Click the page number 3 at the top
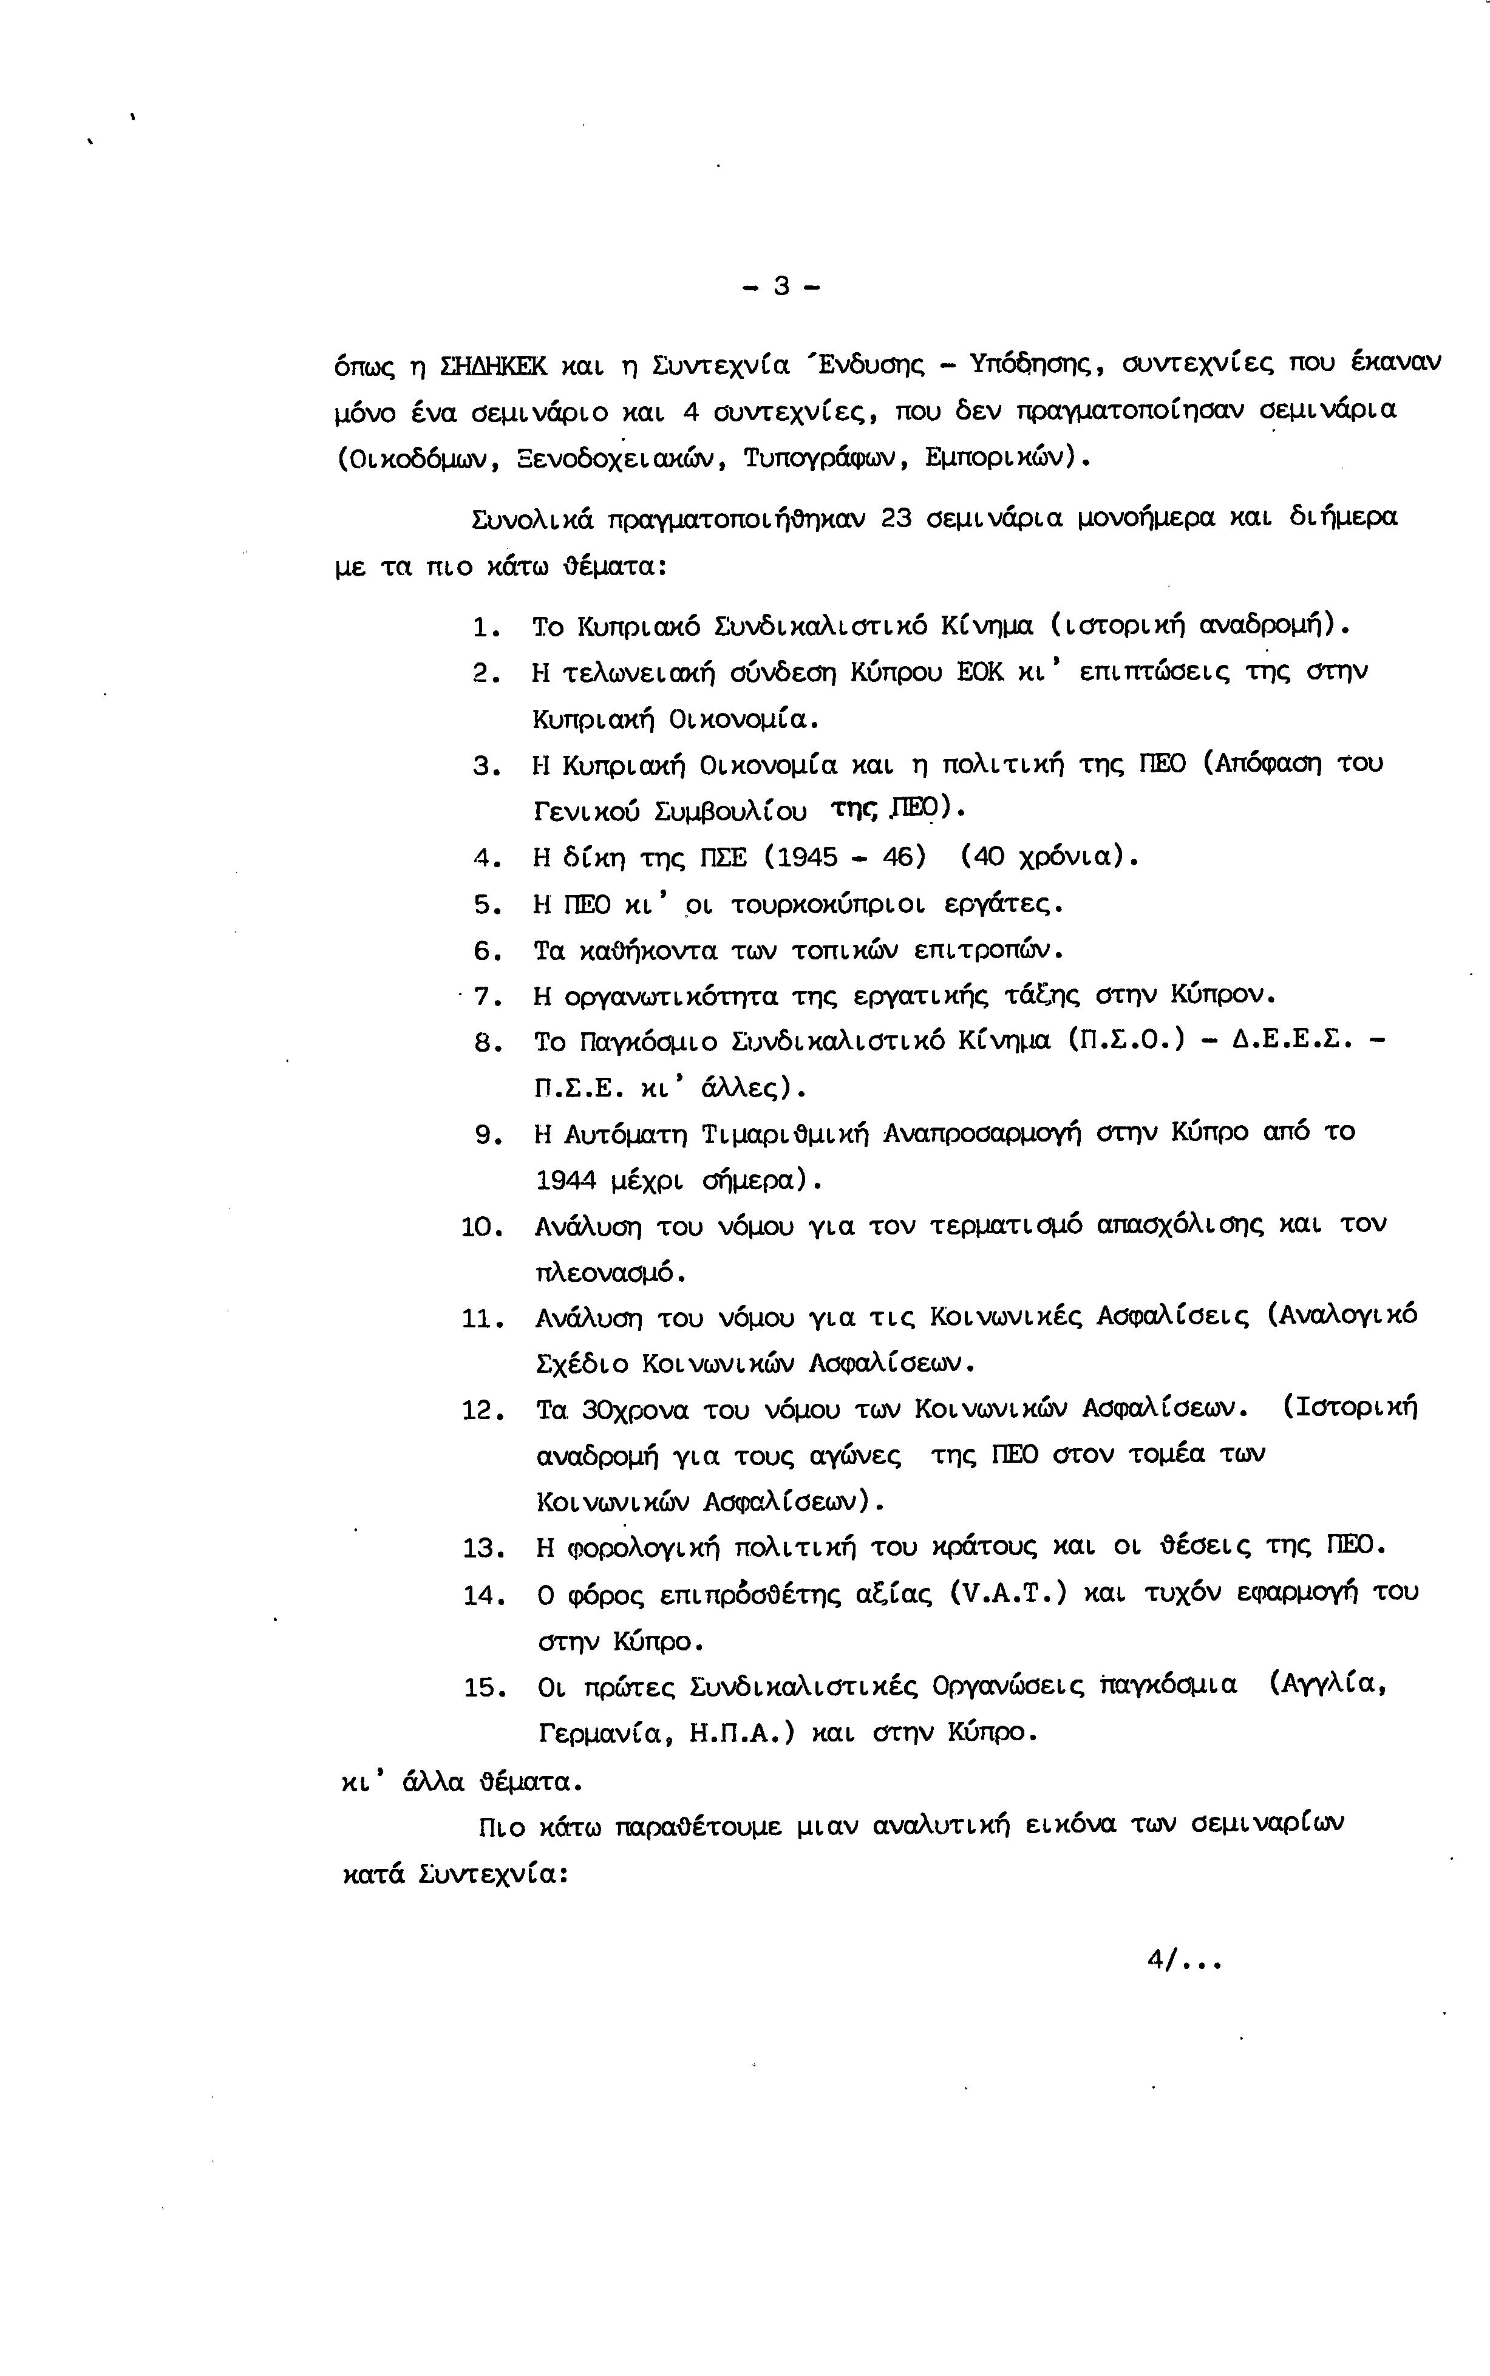781,287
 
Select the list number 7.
483,996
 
